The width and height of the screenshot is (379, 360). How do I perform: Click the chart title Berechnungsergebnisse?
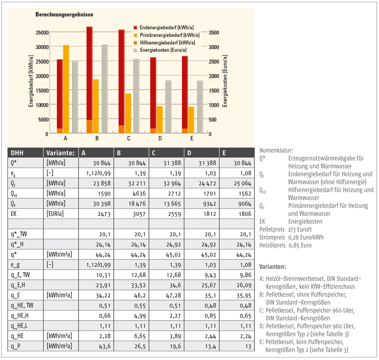click(x=64, y=14)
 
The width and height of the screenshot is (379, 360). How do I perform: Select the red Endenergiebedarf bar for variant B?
click(x=89, y=73)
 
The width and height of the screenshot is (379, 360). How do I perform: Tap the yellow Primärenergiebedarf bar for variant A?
click(x=66, y=89)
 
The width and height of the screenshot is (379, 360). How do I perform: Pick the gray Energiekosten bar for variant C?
click(x=136, y=96)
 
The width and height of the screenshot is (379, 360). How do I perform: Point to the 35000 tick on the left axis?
click(x=42, y=33)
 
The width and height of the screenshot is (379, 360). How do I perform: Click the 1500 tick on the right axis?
click(x=214, y=90)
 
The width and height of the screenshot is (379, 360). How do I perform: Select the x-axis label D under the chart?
click(x=160, y=138)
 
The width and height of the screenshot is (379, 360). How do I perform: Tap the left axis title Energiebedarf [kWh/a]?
click(x=31, y=81)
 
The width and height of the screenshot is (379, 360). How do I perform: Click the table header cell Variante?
click(x=60, y=153)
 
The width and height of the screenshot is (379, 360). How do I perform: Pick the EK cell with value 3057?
click(x=139, y=214)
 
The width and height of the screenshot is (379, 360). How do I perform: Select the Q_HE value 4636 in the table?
click(x=139, y=194)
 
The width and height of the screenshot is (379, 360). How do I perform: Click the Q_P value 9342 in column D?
click(x=209, y=204)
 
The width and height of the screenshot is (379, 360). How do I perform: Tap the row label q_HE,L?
click(x=19, y=326)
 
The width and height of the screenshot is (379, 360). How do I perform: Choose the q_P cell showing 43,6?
click(x=105, y=346)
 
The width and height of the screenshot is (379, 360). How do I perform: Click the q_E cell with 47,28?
click(x=174, y=296)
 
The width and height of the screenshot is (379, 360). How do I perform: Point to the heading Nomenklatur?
click(x=276, y=150)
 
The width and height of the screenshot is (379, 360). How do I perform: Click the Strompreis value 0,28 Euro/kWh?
click(x=306, y=237)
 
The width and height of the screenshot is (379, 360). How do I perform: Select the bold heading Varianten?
click(x=273, y=267)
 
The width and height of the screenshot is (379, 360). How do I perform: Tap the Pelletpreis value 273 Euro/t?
click(x=300, y=229)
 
